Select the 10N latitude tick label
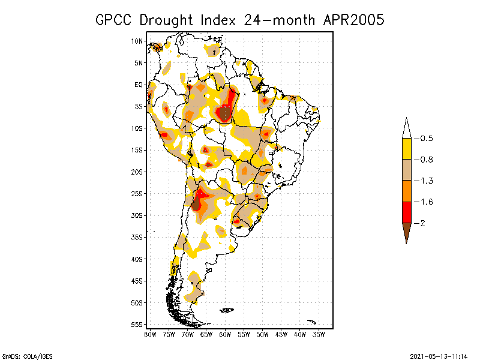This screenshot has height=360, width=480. [137, 41]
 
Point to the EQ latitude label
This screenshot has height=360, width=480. [139, 85]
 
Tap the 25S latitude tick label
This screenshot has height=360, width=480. [137, 194]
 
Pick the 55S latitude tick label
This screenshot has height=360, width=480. [137, 325]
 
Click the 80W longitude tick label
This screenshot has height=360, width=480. [150, 334]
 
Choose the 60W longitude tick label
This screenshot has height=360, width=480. [225, 334]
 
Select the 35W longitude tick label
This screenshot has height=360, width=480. [319, 334]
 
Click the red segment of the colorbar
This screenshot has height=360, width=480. [406, 212]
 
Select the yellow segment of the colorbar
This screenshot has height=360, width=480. [406, 149]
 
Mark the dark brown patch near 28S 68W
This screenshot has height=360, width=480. [196, 205]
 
